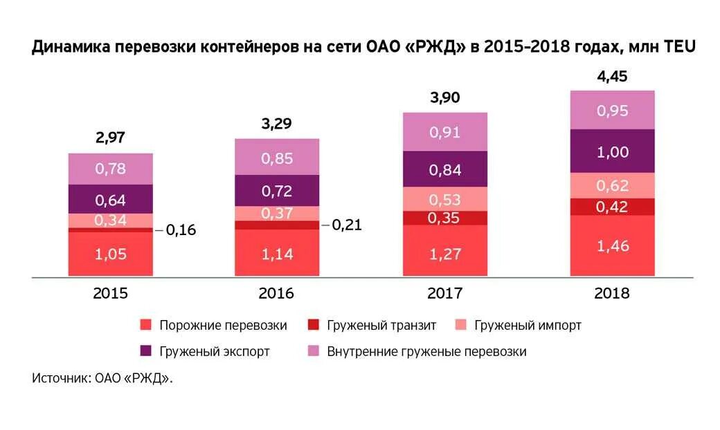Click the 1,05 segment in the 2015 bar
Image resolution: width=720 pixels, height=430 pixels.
(x=110, y=254)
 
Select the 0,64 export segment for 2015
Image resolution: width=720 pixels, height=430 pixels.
(x=110, y=199)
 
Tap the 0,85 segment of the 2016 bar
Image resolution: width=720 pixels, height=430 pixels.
(x=277, y=158)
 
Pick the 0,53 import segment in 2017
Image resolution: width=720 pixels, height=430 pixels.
(x=444, y=199)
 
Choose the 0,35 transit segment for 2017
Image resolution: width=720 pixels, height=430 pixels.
(x=444, y=218)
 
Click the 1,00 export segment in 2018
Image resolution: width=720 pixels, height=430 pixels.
(x=612, y=151)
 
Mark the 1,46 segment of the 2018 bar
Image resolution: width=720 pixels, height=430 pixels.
(x=612, y=245)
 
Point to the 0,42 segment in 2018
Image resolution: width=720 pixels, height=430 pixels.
(x=612, y=207)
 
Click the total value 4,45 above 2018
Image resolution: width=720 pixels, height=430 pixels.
(x=612, y=76)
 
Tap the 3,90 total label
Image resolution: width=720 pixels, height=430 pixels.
(x=444, y=98)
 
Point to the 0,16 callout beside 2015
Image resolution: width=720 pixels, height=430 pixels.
(x=181, y=230)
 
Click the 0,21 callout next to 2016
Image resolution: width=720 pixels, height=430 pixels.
(x=347, y=225)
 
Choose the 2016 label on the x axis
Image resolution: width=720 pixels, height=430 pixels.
(x=276, y=293)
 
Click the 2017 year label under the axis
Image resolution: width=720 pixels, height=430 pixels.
(x=444, y=293)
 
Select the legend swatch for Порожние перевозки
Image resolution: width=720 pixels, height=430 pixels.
(x=145, y=325)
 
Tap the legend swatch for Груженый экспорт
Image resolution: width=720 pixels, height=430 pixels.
(x=145, y=351)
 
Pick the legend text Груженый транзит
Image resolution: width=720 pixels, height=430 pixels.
(x=382, y=325)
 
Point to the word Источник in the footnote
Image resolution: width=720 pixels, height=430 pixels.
(x=58, y=378)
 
